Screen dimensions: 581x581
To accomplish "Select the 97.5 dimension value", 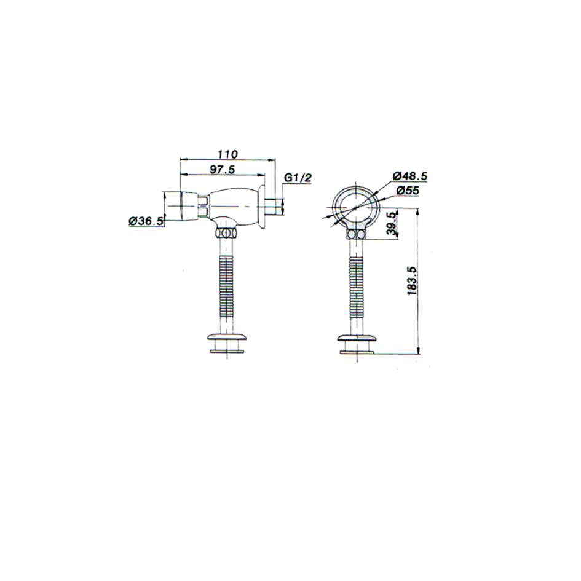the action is [223, 169].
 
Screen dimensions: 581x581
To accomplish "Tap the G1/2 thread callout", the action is [298, 178].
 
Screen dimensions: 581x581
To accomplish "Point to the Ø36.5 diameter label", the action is [146, 221].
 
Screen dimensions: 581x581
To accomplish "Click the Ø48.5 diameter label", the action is [410, 176].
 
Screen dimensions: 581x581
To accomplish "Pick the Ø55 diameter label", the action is [407, 191].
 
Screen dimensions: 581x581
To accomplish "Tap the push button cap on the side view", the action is [189, 206].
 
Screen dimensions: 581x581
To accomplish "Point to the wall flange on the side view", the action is [263, 206].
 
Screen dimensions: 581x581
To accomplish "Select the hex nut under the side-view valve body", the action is [226, 234].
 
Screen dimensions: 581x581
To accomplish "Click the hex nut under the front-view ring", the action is [356, 234].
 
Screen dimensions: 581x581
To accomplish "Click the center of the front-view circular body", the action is [357, 208].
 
